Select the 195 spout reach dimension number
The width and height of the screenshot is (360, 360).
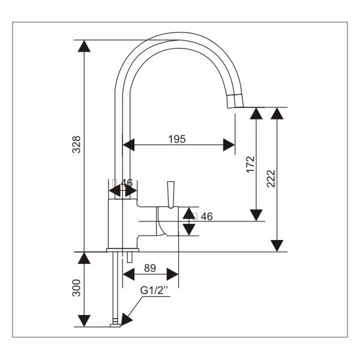(176, 139)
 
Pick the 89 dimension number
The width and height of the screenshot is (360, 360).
(151, 268)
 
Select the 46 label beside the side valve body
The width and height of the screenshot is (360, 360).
(207, 216)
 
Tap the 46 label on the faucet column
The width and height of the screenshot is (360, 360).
(127, 182)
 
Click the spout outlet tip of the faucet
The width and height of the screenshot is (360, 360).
(235, 100)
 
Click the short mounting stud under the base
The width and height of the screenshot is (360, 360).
(129, 257)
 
